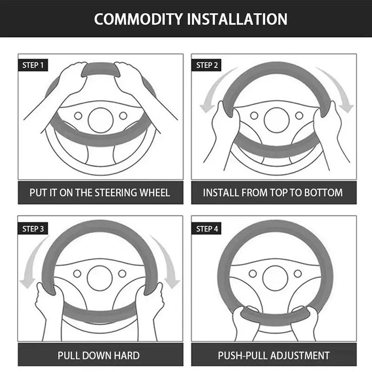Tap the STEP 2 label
(x=207, y=65)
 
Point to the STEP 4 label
(x=207, y=228)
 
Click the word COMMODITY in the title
(x=138, y=19)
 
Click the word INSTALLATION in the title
(x=237, y=19)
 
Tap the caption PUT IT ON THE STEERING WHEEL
(x=100, y=193)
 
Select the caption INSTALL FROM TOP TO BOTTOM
(x=273, y=193)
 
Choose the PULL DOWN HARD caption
(x=99, y=356)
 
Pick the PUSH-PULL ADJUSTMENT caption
(x=274, y=356)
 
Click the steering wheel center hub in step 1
(x=100, y=120)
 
